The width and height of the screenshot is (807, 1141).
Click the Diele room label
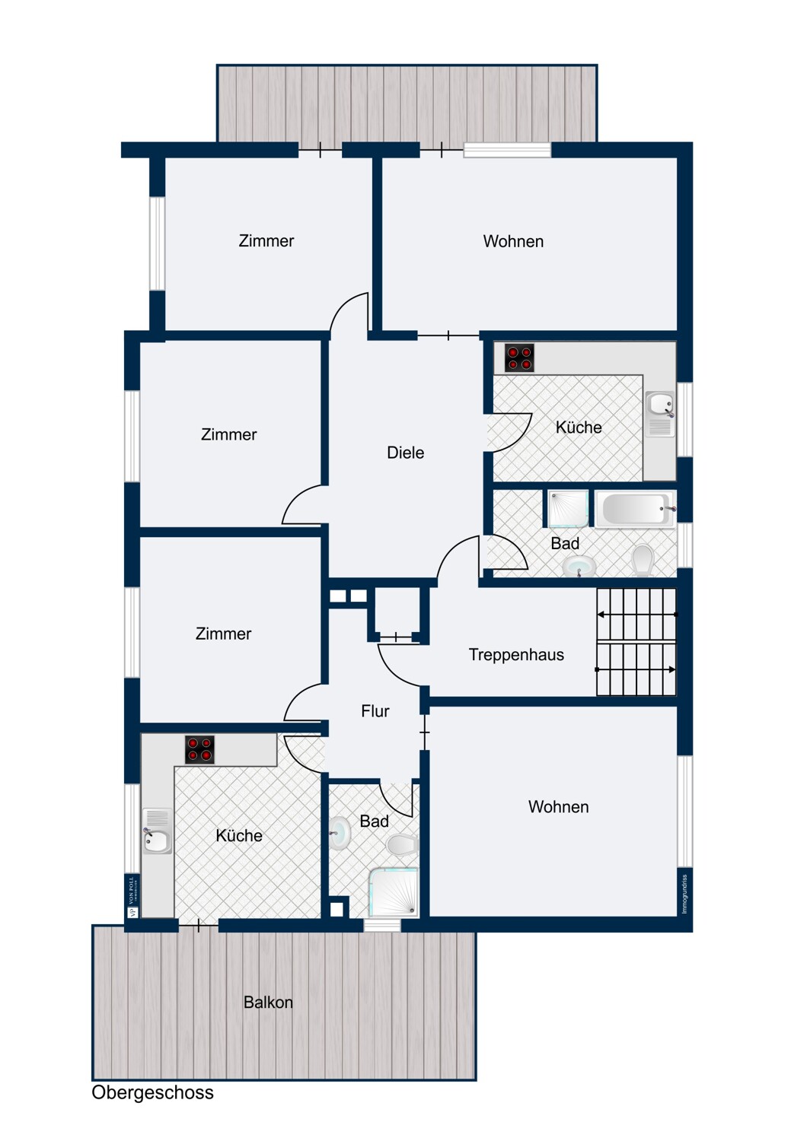click(405, 453)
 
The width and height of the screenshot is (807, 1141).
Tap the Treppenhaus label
click(516, 654)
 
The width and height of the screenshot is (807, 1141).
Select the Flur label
click(375, 710)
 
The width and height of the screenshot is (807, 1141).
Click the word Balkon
click(268, 1002)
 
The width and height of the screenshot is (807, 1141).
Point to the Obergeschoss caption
click(152, 1092)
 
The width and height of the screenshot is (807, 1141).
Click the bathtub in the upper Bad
click(636, 508)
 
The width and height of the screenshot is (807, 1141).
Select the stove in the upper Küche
click(519, 358)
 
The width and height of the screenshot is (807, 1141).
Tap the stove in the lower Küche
click(199, 749)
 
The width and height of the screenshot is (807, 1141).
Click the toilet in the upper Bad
click(643, 561)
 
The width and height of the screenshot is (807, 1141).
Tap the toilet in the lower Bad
click(402, 844)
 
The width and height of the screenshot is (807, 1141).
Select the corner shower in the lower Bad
click(394, 892)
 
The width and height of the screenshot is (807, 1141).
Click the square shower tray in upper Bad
click(569, 509)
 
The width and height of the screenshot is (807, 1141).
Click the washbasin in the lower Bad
click(340, 833)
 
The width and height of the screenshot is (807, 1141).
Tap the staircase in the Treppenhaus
click(636, 642)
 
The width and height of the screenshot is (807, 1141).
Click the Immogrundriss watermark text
click(685, 894)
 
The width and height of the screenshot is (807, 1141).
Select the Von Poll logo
click(132, 896)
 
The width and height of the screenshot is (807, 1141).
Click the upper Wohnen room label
click(513, 241)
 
